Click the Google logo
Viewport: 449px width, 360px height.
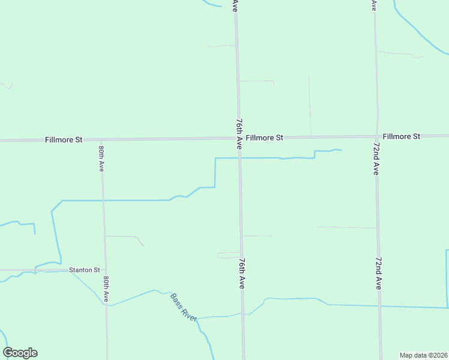click(x=20, y=353)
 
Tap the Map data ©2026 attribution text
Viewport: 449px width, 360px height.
click(x=423, y=355)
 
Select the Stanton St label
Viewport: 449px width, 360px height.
click(x=84, y=270)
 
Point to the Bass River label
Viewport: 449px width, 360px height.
click(x=184, y=307)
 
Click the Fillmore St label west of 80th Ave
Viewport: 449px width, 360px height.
click(x=64, y=140)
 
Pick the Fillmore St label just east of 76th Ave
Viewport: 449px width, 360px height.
click(x=264, y=137)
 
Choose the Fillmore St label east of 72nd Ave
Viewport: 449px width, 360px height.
click(x=402, y=136)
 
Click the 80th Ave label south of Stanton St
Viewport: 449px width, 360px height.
click(x=106, y=289)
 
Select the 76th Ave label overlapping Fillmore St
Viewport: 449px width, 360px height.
click(x=238, y=134)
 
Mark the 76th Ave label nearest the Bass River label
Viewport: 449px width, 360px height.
click(x=241, y=274)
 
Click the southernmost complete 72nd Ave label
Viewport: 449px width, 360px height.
click(x=379, y=274)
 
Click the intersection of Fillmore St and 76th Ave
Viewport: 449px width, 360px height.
click(x=238, y=138)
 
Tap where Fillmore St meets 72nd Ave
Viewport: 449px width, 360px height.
click(x=376, y=137)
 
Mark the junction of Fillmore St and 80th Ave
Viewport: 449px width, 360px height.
click(x=101, y=140)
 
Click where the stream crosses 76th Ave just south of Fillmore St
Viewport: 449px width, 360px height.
click(x=239, y=158)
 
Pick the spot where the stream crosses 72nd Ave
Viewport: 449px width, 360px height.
click(x=379, y=306)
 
